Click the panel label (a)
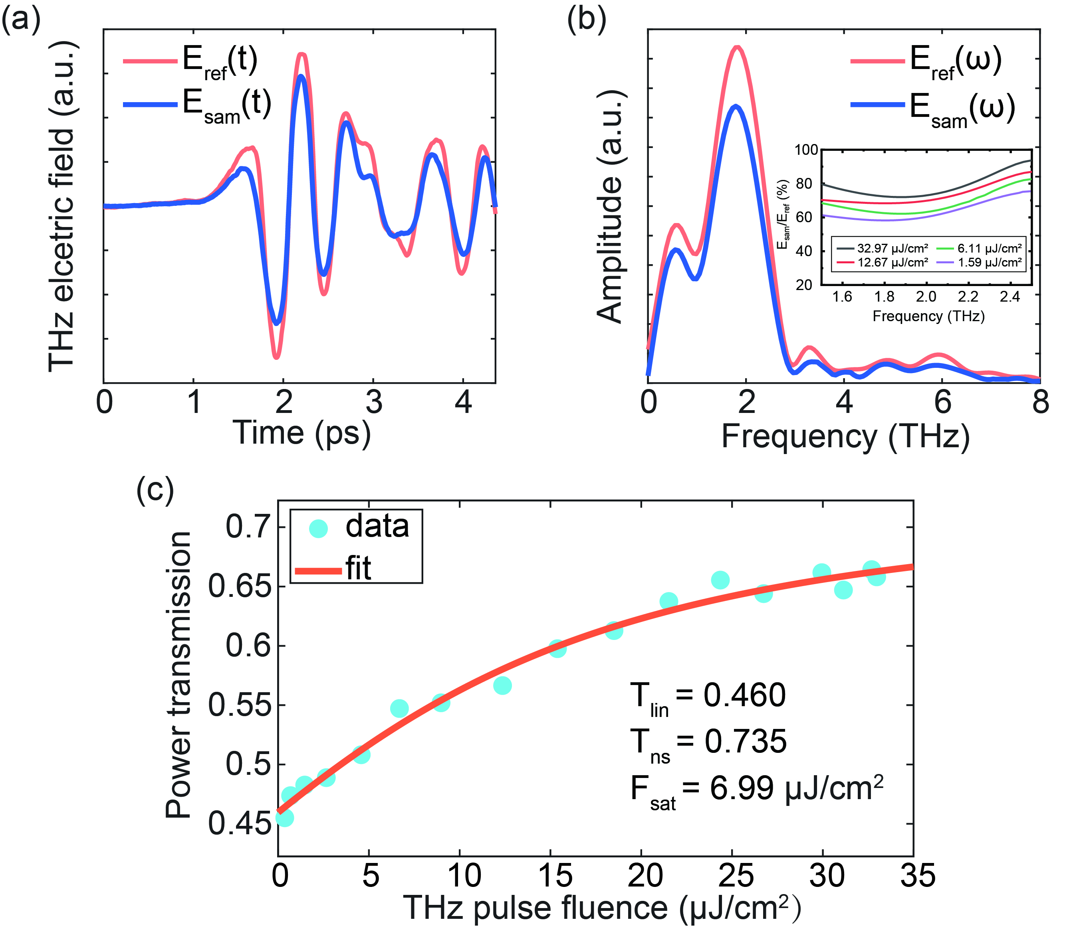(x=21, y=21)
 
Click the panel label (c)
(x=155, y=490)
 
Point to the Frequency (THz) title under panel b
(x=845, y=437)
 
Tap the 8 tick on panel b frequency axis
(x=1040, y=402)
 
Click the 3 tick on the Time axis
(x=374, y=402)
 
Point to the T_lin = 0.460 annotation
(x=707, y=697)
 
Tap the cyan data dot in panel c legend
(x=318, y=529)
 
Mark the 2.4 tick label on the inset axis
(x=1010, y=297)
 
